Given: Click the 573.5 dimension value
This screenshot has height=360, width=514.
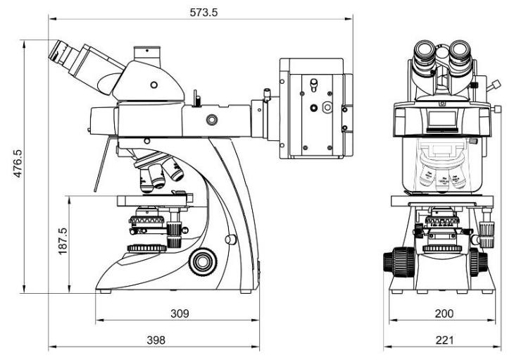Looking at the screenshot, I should [x=202, y=11].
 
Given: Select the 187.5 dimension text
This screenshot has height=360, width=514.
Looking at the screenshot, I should [x=63, y=241].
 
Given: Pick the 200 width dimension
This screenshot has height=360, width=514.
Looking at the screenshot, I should [x=443, y=312].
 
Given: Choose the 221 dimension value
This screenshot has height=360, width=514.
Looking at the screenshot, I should [x=444, y=340].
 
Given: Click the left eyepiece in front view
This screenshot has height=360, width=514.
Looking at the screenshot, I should [x=427, y=53].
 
